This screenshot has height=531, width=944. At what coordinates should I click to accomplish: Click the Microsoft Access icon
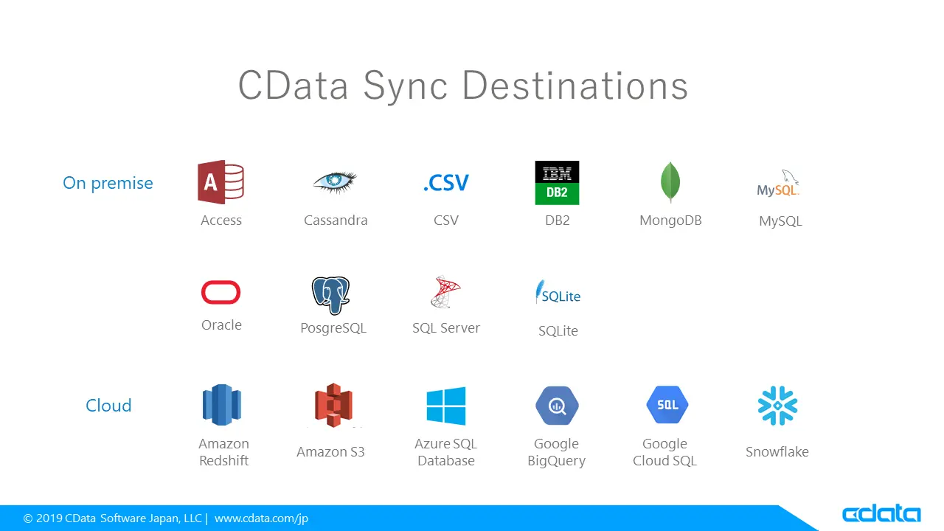(x=221, y=182)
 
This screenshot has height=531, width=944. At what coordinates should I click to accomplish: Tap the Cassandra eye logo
(x=335, y=181)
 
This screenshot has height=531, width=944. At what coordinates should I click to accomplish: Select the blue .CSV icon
(x=446, y=183)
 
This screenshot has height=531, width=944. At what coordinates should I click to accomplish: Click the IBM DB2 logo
(x=557, y=183)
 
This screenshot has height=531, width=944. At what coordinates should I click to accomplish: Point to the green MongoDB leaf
(x=670, y=182)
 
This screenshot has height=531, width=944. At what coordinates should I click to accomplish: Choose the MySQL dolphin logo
(x=779, y=184)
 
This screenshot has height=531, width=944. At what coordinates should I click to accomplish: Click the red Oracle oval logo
(x=221, y=293)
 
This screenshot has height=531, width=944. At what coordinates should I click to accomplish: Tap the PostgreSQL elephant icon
(x=330, y=296)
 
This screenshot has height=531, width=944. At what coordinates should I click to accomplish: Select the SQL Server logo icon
(x=445, y=293)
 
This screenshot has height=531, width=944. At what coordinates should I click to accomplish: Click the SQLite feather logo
(x=558, y=294)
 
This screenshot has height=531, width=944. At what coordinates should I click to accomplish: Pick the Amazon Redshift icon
(x=221, y=405)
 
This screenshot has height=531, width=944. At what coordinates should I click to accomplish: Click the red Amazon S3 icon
(x=333, y=405)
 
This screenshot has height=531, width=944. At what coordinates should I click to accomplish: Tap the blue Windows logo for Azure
(x=446, y=406)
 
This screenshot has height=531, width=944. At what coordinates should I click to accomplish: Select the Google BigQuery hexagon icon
(x=557, y=406)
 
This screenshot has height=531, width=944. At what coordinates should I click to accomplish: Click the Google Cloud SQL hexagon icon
(x=667, y=405)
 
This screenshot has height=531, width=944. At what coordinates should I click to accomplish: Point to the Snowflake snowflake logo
(x=777, y=406)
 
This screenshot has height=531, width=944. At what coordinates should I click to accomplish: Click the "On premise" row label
(x=108, y=184)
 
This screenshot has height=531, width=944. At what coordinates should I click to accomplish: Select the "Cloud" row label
(x=108, y=406)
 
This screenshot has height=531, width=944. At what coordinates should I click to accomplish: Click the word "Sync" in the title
(x=405, y=86)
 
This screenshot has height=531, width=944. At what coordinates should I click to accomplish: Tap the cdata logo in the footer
(x=881, y=514)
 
